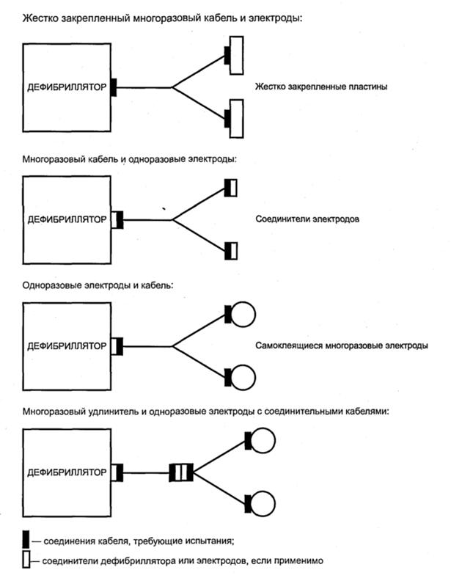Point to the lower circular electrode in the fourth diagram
(x=263, y=504)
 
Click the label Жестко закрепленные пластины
(x=321, y=87)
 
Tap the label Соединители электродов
(x=307, y=219)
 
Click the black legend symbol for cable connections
(x=27, y=541)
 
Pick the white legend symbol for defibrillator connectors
(x=27, y=560)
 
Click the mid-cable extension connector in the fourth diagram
(x=180, y=472)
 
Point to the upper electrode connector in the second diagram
(x=231, y=189)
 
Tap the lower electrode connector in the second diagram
(x=231, y=250)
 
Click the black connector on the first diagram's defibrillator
(x=114, y=88)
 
